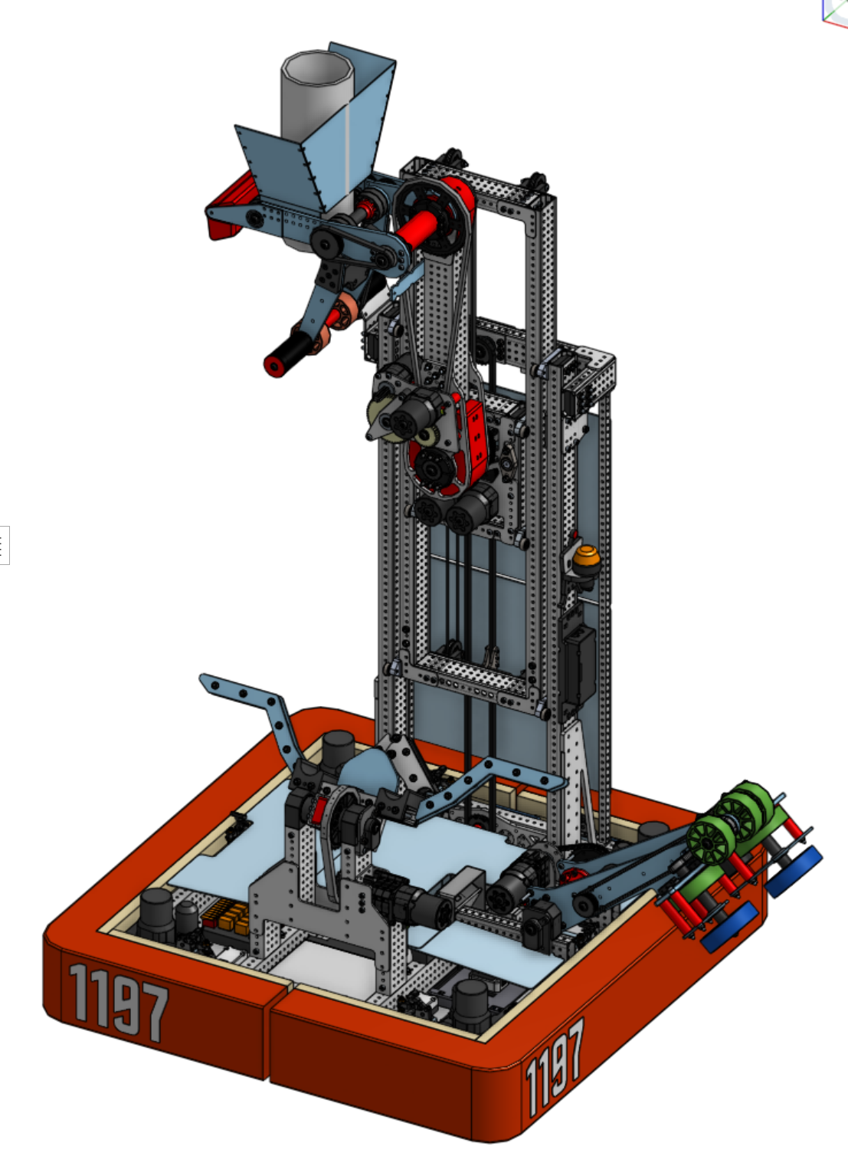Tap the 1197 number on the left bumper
click(119, 1001)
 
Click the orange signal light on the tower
click(586, 558)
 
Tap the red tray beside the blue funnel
click(229, 209)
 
